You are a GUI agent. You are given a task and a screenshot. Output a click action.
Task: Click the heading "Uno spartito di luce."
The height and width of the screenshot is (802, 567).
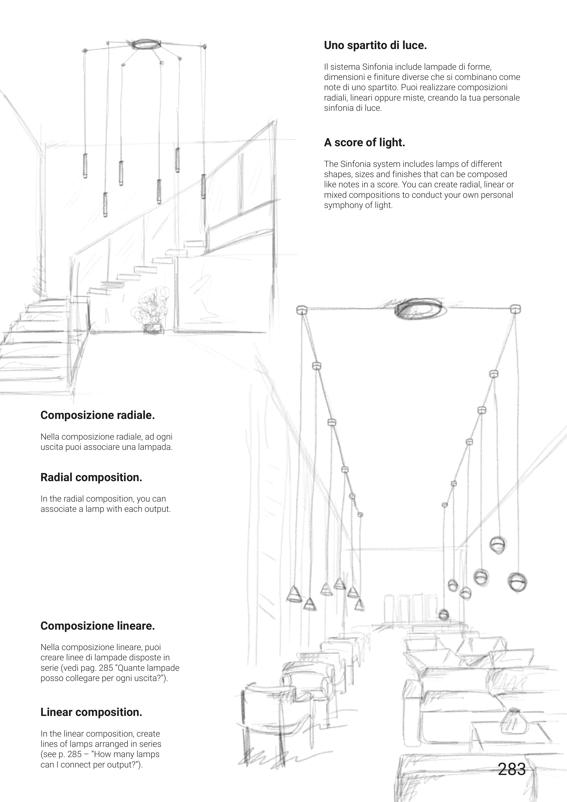tap(375, 45)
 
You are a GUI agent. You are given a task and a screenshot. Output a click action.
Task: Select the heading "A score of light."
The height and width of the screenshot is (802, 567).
tap(364, 143)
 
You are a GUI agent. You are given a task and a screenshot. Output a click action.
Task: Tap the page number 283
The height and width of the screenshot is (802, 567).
tap(511, 769)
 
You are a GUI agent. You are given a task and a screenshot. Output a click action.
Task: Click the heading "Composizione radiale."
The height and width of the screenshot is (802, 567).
tap(97, 415)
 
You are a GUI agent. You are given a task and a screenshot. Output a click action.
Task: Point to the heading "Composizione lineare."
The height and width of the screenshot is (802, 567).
tap(97, 626)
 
